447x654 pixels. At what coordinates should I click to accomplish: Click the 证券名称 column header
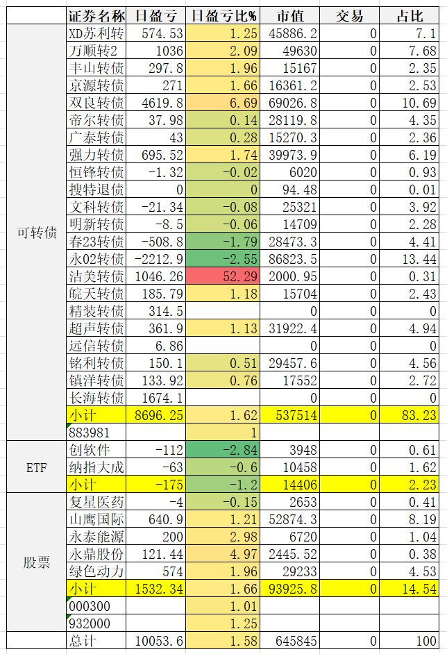pyautogui.click(x=97, y=16)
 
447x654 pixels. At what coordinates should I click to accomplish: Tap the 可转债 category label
pyautogui.click(x=36, y=233)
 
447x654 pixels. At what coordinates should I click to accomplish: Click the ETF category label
pyautogui.click(x=36, y=467)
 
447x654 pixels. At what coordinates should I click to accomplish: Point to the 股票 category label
pyautogui.click(x=36, y=562)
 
